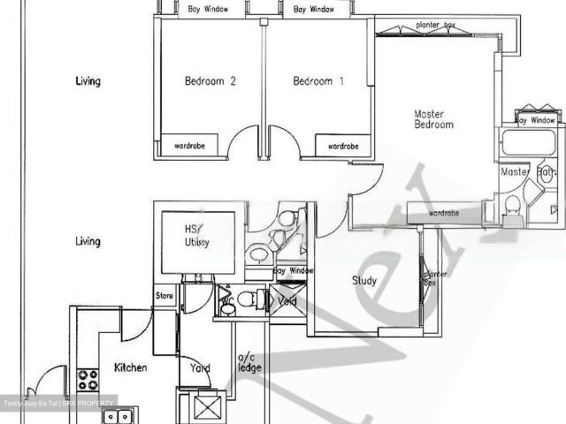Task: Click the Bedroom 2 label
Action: (x=210, y=81)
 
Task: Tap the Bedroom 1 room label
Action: (x=318, y=81)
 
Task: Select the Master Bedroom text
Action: (x=434, y=119)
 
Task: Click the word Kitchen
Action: (x=130, y=367)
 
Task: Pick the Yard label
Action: (x=199, y=367)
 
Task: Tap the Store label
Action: (x=164, y=296)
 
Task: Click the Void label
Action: (x=287, y=301)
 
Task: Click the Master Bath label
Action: (x=527, y=172)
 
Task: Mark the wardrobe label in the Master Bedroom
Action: (x=444, y=213)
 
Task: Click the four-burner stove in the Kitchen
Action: (x=88, y=380)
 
